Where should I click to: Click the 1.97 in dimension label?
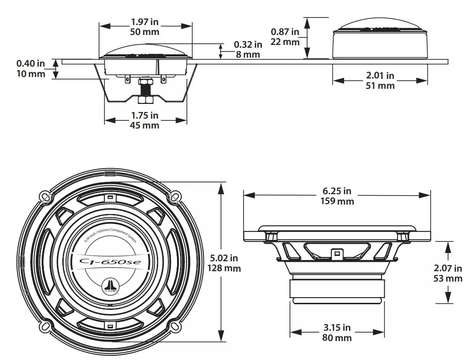(144, 22)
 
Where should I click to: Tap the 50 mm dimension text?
(144, 32)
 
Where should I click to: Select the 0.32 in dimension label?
(248, 44)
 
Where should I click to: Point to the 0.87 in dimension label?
(285, 32)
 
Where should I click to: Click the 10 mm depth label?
(31, 74)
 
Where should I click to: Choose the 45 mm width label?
(144, 125)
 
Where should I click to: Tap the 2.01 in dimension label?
(380, 75)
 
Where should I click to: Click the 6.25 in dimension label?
(337, 191)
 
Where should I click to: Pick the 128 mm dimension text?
(224, 268)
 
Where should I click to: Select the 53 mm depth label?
(448, 278)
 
